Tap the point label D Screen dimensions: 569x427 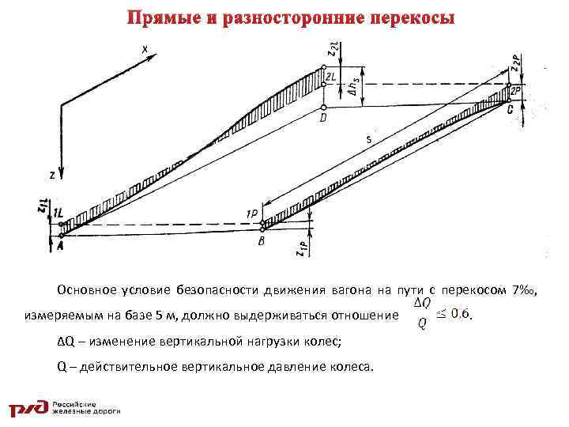pos(323,119)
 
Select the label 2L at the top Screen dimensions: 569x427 pos(332,77)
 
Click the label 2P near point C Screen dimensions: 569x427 pos(514,92)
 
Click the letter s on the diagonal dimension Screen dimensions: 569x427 pos(368,140)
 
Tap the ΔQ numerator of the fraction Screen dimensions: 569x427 pos(422,303)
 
